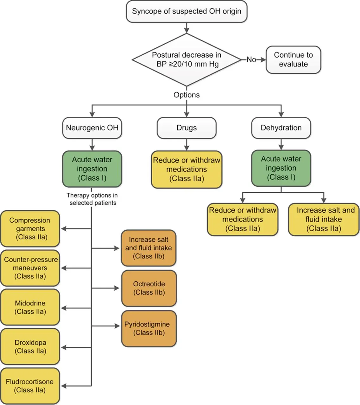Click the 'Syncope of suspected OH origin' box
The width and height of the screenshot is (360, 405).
(186, 11)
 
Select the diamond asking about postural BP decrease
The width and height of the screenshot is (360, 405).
(186, 59)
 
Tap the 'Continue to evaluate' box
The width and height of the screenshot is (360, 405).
(293, 59)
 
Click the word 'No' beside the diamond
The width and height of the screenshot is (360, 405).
(251, 59)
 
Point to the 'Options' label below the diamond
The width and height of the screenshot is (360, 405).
(186, 95)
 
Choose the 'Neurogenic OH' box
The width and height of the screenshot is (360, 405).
(92, 128)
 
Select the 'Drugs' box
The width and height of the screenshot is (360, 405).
(186, 128)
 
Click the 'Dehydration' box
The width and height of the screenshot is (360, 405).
(281, 128)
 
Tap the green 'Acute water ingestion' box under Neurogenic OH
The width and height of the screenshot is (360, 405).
(92, 169)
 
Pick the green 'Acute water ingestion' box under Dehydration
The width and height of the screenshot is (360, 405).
(281, 168)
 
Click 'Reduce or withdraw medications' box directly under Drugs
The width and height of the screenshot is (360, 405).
(186, 169)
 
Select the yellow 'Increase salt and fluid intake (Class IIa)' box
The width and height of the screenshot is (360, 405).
(324, 219)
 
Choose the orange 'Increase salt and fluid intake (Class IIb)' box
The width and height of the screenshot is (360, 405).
(148, 248)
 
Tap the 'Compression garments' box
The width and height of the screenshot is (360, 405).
(30, 228)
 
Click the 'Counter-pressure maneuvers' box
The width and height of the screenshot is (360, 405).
(30, 268)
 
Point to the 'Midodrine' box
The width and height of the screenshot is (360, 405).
(30, 307)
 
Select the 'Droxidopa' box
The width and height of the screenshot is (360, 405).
(30, 346)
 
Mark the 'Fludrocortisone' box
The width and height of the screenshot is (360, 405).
(30, 386)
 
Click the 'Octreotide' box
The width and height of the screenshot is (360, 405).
(149, 288)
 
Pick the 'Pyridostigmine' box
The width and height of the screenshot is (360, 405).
(149, 328)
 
